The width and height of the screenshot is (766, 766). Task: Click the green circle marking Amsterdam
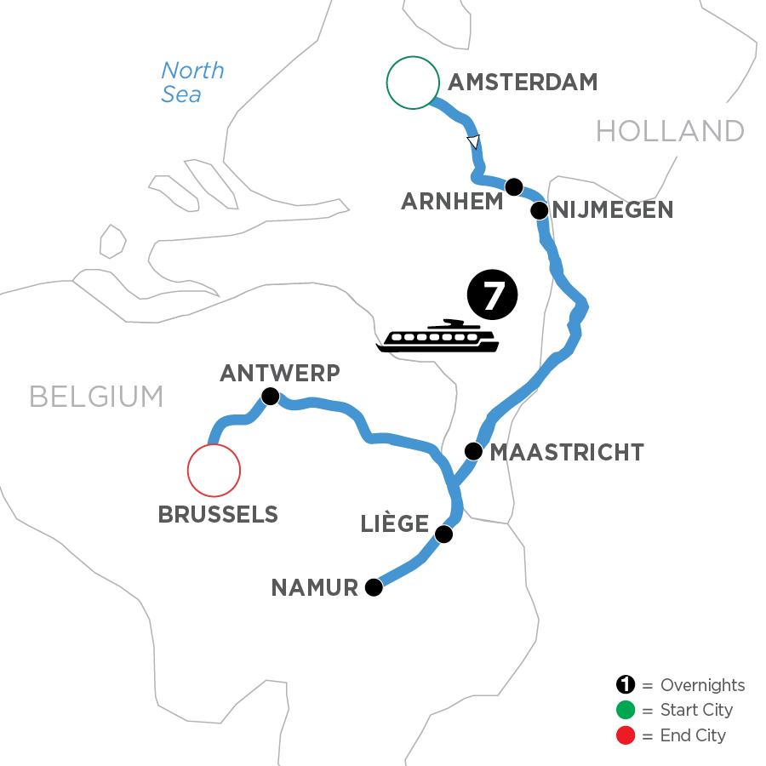tap(413, 83)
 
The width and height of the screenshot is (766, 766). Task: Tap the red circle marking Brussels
tap(214, 470)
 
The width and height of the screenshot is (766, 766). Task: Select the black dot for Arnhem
tap(513, 186)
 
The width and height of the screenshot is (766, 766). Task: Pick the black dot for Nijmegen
tap(540, 210)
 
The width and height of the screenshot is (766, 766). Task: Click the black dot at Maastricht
tap(473, 450)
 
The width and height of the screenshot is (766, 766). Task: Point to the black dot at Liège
tap(443, 534)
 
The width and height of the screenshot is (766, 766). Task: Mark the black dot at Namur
tap(373, 587)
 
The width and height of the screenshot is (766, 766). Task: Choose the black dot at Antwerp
tap(270, 396)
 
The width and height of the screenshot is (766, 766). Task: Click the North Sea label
tap(192, 82)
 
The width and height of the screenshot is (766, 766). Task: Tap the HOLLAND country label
tap(670, 131)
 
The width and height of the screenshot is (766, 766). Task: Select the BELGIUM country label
tap(96, 397)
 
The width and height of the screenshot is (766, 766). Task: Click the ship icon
tap(439, 336)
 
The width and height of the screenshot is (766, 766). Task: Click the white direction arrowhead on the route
tap(473, 141)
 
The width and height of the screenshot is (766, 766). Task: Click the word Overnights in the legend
tap(702, 685)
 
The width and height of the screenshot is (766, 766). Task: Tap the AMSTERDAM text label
tap(523, 83)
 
